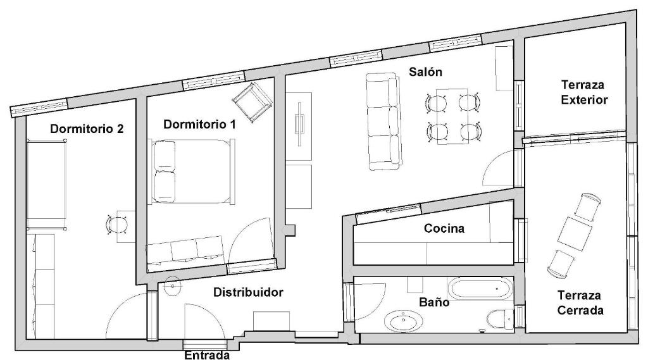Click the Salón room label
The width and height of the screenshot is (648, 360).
pyautogui.click(x=425, y=72)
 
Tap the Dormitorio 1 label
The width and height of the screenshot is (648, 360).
pyautogui.click(x=199, y=124)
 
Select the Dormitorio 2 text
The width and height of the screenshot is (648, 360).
pyautogui.click(x=87, y=128)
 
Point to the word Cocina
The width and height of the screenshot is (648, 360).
pyautogui.click(x=444, y=228)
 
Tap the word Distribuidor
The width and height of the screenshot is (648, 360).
pyautogui.click(x=248, y=292)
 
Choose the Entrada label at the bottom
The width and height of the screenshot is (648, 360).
pyautogui.click(x=207, y=355)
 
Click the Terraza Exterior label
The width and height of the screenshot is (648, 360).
pyautogui.click(x=584, y=92)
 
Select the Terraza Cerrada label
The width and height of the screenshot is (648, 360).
pyautogui.click(x=580, y=302)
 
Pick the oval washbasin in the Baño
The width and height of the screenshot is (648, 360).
pyautogui.click(x=403, y=321)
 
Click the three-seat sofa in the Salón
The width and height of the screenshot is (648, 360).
pyautogui.click(x=383, y=121)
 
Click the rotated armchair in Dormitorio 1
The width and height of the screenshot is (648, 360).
pyautogui.click(x=252, y=102)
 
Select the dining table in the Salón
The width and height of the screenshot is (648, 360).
pyautogui.click(x=452, y=116)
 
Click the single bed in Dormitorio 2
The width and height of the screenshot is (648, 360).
pyautogui.click(x=47, y=184)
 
